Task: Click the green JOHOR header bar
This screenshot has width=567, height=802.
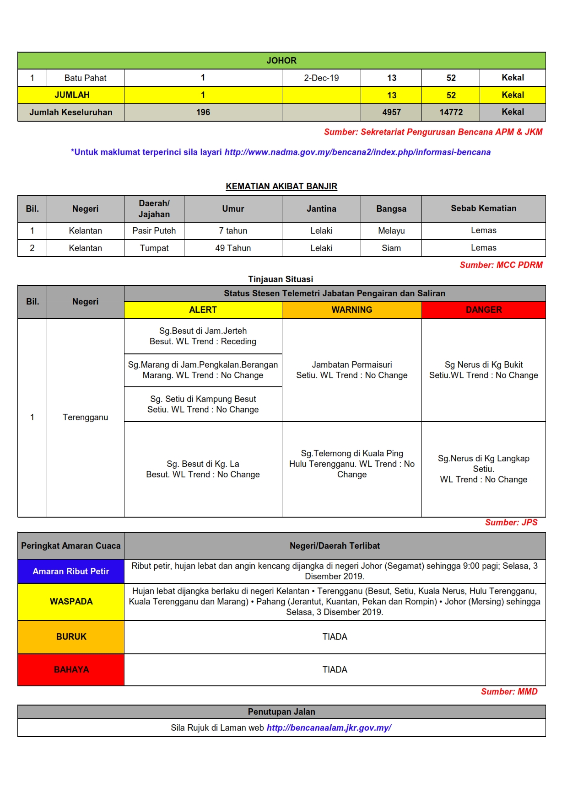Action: click(x=281, y=60)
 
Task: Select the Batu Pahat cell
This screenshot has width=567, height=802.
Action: click(x=85, y=78)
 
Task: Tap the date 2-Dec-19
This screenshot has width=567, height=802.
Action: click(x=321, y=78)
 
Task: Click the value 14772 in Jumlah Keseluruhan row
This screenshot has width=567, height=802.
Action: click(x=451, y=112)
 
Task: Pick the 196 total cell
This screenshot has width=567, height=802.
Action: click(x=203, y=112)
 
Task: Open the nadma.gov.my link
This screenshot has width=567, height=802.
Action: click(x=357, y=152)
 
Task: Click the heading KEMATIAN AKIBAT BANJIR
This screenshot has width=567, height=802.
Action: click(x=281, y=186)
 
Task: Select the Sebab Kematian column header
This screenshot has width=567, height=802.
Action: click(x=483, y=209)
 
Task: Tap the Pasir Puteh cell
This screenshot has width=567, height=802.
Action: click(x=154, y=230)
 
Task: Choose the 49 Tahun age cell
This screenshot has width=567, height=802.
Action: click(x=233, y=248)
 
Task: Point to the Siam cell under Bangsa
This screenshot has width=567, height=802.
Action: click(x=391, y=248)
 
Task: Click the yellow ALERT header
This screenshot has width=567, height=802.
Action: click(x=203, y=310)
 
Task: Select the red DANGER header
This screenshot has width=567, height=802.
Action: click(x=483, y=310)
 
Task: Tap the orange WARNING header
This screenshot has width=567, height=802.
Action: click(x=351, y=310)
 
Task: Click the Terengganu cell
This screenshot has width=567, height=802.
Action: click(x=85, y=417)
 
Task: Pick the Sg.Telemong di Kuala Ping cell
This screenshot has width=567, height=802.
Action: click(x=351, y=464)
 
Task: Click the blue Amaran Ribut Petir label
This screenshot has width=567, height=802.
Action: click(x=71, y=571)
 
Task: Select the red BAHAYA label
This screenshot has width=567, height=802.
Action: click(x=71, y=669)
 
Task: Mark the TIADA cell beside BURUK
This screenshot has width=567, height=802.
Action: click(x=335, y=636)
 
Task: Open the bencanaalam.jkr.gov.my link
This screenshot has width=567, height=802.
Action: click(x=329, y=727)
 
